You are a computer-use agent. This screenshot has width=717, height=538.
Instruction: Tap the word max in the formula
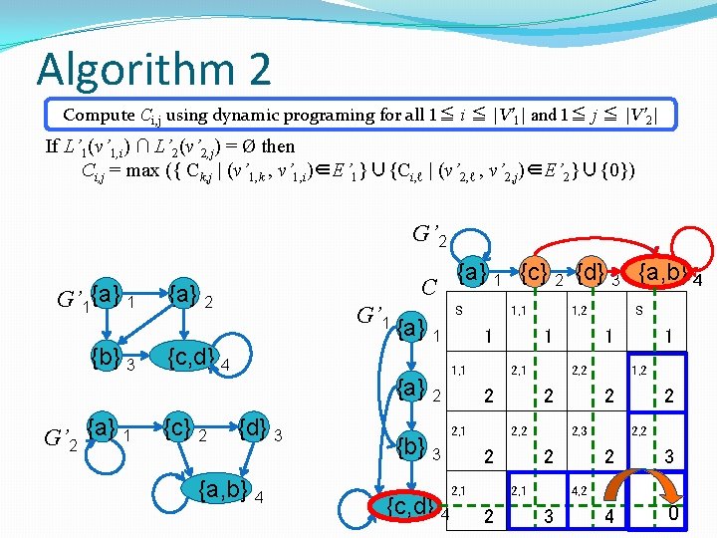(158, 169)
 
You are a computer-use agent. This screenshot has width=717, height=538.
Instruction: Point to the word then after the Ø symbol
(278, 146)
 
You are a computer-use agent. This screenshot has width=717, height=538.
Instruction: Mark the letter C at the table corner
(430, 288)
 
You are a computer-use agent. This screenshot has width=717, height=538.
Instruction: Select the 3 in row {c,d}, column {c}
(547, 516)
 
